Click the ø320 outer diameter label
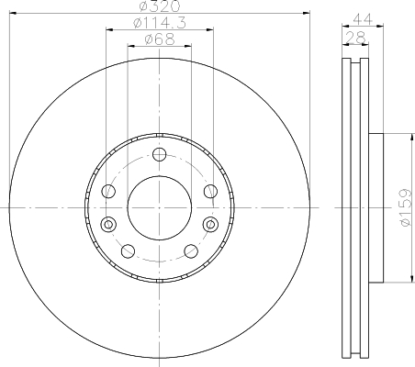(x=160, y=6)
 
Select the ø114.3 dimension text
(x=160, y=23)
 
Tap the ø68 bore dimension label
(x=160, y=39)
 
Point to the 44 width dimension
(x=363, y=19)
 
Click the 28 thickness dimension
(x=355, y=38)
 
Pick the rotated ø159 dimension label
(x=405, y=207)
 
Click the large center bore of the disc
(x=159, y=207)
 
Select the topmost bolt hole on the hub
(x=159, y=154)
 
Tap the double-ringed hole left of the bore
(x=108, y=225)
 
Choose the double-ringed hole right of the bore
(x=210, y=225)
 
